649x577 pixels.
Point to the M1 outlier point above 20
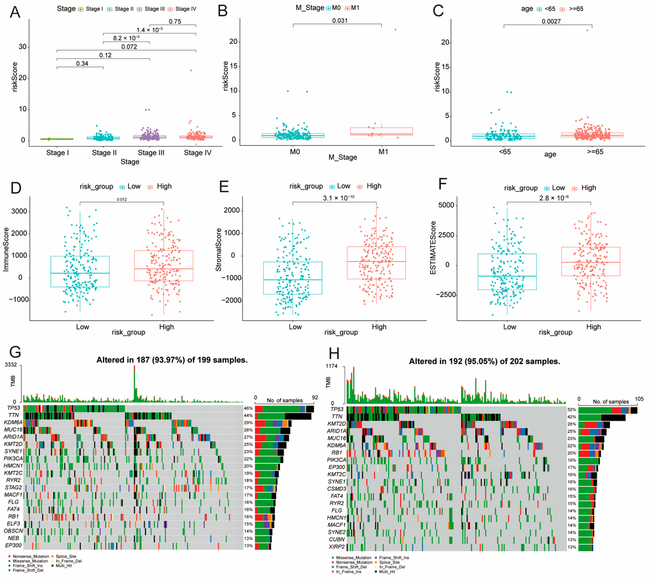pos(395,30)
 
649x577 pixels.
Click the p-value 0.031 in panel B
pos(340,21)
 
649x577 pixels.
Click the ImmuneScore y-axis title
pos(6,249)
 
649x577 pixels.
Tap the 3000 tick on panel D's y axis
pos(19,212)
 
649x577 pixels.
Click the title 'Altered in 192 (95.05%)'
pos(484,361)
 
